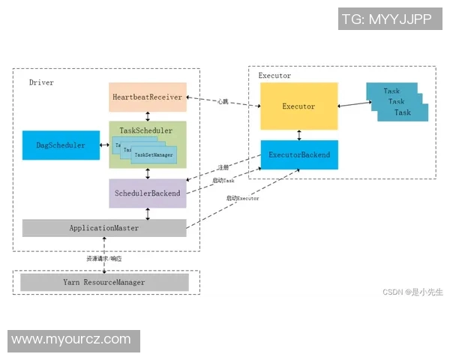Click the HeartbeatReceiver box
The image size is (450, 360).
(x=147, y=97)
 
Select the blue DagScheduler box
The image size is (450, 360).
(x=61, y=145)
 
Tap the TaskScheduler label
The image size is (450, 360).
(x=147, y=130)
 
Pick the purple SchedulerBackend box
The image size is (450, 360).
(x=147, y=193)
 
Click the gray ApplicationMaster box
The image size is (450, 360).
(x=103, y=228)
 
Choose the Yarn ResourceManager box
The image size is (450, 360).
(x=103, y=282)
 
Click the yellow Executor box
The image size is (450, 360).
(x=298, y=106)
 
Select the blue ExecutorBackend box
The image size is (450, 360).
(x=298, y=155)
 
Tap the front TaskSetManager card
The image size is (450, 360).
(x=154, y=156)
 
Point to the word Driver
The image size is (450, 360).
(x=41, y=82)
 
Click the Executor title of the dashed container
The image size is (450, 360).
(x=274, y=76)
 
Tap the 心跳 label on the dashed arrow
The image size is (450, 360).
(x=224, y=101)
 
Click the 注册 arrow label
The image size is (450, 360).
(x=223, y=167)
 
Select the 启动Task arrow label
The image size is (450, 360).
(x=223, y=181)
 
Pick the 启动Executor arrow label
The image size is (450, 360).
(x=243, y=198)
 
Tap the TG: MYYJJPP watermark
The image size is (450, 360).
(x=385, y=19)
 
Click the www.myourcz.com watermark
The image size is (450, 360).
(x=72, y=340)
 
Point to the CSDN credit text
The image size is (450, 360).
(x=412, y=292)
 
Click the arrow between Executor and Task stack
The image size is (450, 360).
(x=351, y=106)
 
